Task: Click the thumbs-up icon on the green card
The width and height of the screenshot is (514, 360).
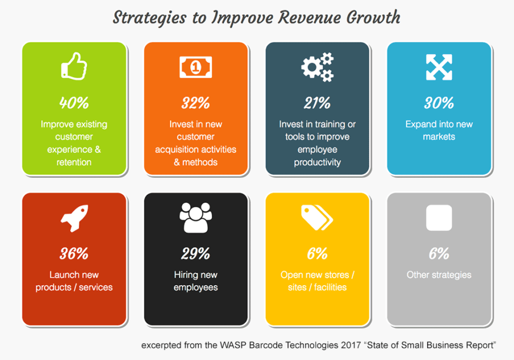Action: point(74,66)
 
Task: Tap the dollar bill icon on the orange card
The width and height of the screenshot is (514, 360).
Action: point(196,67)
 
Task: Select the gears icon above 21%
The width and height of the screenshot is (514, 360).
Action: point(318,67)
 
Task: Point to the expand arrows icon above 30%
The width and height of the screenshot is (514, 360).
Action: point(439,67)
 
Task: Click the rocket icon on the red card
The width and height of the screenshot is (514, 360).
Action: point(74,218)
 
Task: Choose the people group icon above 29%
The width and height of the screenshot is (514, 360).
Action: point(196,218)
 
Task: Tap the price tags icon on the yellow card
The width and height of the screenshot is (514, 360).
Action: point(317,218)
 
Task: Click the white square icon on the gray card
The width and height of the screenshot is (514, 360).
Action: point(439,218)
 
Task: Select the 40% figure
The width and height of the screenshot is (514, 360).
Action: point(74,103)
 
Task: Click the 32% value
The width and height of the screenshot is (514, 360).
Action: point(196,103)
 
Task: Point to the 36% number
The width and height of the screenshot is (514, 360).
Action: point(74,254)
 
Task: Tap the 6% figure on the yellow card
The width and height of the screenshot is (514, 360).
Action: point(318,254)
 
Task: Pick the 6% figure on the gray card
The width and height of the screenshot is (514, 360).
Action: point(439,254)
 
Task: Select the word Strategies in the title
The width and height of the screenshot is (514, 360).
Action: point(150,18)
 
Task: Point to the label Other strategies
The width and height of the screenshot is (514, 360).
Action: point(439,275)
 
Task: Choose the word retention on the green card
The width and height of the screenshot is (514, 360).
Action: point(74,162)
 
